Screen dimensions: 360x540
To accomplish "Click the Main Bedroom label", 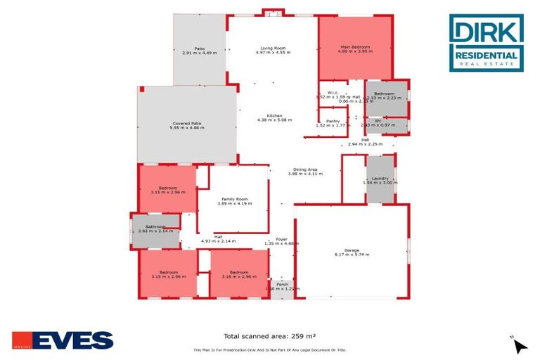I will click(x=355, y=47).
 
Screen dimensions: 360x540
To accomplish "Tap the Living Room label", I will click(x=272, y=47).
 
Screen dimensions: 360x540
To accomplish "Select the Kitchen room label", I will click(x=274, y=115).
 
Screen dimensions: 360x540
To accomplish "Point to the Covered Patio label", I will click(x=186, y=123).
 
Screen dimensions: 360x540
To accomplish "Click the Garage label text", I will click(x=352, y=250).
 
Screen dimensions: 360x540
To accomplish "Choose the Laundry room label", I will click(x=380, y=179).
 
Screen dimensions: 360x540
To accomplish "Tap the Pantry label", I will click(x=333, y=121).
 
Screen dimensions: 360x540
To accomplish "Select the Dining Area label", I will click(x=305, y=169).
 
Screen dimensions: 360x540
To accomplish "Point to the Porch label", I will click(x=282, y=284).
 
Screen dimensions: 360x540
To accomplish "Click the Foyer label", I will click(x=281, y=239).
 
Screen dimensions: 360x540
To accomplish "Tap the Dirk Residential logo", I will click(x=487, y=44).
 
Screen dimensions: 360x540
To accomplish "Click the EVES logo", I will click(x=63, y=340).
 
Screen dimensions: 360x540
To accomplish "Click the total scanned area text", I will click(x=269, y=336).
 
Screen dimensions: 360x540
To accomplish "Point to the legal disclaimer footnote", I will click(x=269, y=349).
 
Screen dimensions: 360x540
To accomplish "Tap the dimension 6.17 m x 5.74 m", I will click(x=352, y=255).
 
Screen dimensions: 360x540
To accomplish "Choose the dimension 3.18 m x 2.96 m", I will click(x=239, y=276).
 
